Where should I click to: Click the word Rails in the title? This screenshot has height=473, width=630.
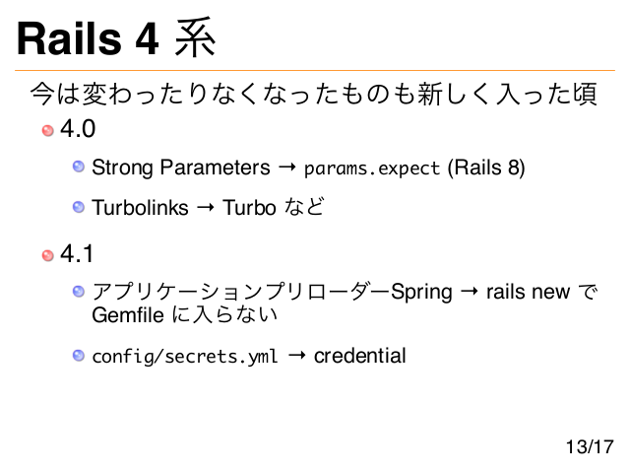click(69, 38)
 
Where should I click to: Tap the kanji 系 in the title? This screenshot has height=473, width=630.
click(195, 37)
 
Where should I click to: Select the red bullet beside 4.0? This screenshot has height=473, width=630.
click(48, 130)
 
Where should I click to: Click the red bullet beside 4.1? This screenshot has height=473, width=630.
click(48, 255)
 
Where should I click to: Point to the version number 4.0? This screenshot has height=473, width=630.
click(78, 129)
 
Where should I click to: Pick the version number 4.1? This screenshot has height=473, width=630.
click(77, 254)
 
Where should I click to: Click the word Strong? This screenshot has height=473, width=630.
click(122, 169)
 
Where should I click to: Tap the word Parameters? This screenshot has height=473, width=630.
click(215, 168)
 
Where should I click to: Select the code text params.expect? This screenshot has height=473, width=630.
click(372, 169)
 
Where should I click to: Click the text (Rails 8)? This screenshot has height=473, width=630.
click(486, 168)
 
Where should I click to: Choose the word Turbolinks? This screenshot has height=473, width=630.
click(140, 208)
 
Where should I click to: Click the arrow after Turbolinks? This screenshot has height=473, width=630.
click(206, 208)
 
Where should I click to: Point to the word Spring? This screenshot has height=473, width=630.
click(421, 293)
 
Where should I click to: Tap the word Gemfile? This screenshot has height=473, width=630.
click(128, 314)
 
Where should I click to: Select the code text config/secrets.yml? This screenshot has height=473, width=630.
click(185, 357)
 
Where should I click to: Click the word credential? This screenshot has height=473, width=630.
click(359, 356)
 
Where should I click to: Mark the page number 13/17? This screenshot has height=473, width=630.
click(590, 446)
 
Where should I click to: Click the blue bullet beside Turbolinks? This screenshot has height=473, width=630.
click(79, 207)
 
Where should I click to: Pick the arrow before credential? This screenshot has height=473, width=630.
click(296, 355)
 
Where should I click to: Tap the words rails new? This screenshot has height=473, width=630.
click(528, 292)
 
